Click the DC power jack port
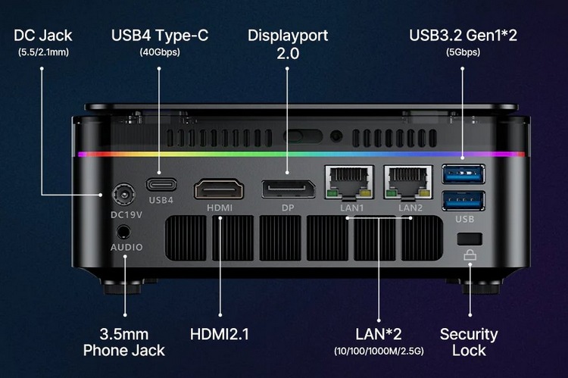pos(122,195)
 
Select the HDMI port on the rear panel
pos(219,188)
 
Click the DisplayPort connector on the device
pos(288,188)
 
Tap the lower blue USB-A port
pos(463,201)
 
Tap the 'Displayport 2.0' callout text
pos(288,44)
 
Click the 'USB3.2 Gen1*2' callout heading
pos(462,36)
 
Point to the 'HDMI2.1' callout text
pos(220,334)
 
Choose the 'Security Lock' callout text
pos(469,342)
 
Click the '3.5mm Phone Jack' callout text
pos(123,342)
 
